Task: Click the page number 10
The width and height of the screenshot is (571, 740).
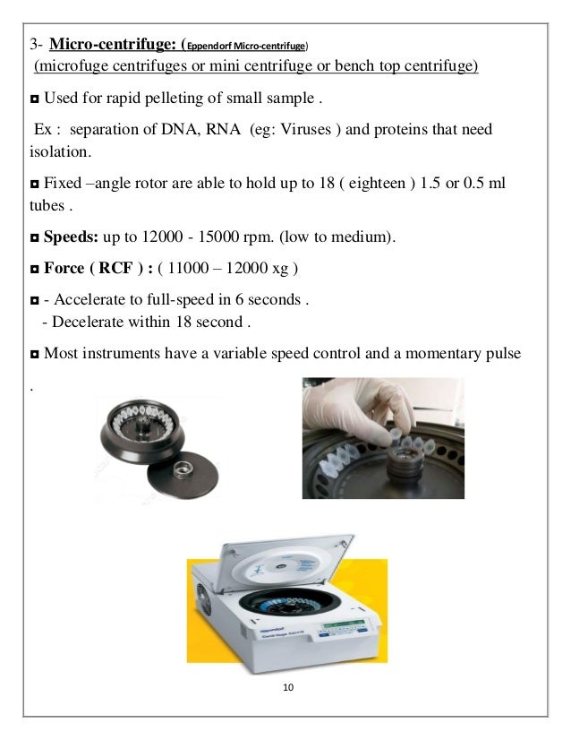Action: click(286, 687)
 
